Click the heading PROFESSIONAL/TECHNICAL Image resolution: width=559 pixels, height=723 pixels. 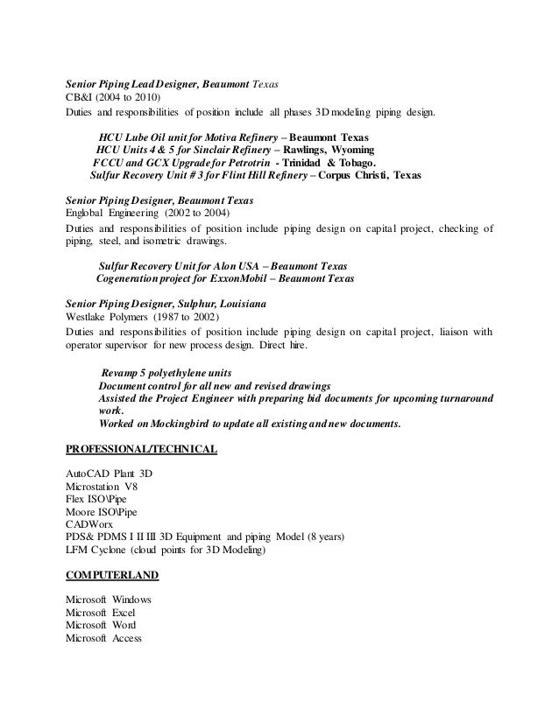pos(142,451)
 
